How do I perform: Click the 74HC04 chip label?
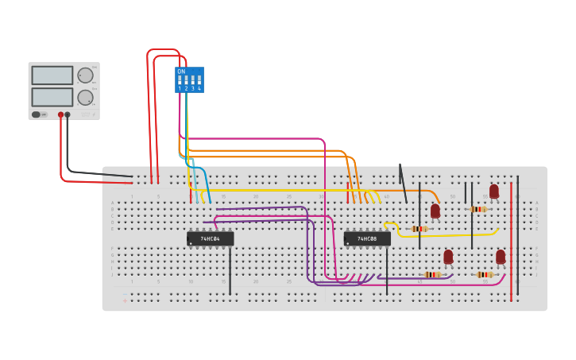pyautogui.click(x=210, y=238)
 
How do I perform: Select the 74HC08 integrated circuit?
pyautogui.click(x=367, y=238)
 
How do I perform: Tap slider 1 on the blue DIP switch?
pyautogui.click(x=180, y=80)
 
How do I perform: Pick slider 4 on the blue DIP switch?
pyautogui.click(x=199, y=80)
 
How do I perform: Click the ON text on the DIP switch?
pyautogui.click(x=181, y=72)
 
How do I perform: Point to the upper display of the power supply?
pyautogui.click(x=52, y=75)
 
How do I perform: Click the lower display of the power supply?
pyautogui.click(x=52, y=97)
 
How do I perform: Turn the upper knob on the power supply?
pyautogui.click(x=85, y=75)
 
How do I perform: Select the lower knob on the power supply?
pyautogui.click(x=85, y=97)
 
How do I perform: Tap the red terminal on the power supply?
pyautogui.click(x=60, y=114)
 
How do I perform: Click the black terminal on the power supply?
pyautogui.click(x=68, y=114)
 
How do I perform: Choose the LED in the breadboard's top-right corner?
pyautogui.click(x=494, y=192)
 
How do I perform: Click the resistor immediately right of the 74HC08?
pyautogui.click(x=419, y=229)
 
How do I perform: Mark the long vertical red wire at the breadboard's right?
pyautogui.click(x=512, y=238)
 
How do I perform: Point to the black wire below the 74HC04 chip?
pyautogui.click(x=230, y=270)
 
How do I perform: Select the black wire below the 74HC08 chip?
pyautogui.click(x=387, y=270)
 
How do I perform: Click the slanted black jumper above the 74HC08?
pyautogui.click(x=403, y=184)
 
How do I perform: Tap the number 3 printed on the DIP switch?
pyautogui.click(x=192, y=88)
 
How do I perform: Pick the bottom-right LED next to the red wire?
pyautogui.click(x=501, y=257)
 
